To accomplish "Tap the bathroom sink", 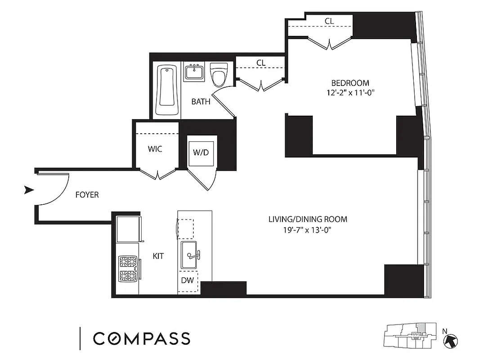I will pyautogui.click(x=194, y=72).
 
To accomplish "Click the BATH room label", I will pyautogui.click(x=201, y=102).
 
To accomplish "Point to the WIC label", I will pyautogui.click(x=155, y=149).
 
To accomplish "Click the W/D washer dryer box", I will pyautogui.click(x=201, y=152).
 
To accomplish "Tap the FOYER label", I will pyautogui.click(x=87, y=195).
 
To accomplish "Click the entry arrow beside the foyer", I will pyautogui.click(x=29, y=190).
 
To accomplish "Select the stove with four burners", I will pyautogui.click(x=127, y=269).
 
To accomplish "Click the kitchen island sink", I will pyautogui.click(x=189, y=256).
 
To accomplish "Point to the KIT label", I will pyautogui.click(x=158, y=256).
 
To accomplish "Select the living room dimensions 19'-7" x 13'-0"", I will pyautogui.click(x=308, y=230).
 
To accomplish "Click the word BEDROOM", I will pyautogui.click(x=350, y=83).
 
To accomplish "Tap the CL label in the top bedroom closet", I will pyautogui.click(x=329, y=21).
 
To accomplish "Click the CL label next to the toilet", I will pyautogui.click(x=261, y=63).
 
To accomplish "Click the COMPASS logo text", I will pyautogui.click(x=142, y=338).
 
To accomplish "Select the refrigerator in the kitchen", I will pyautogui.click(x=128, y=229).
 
